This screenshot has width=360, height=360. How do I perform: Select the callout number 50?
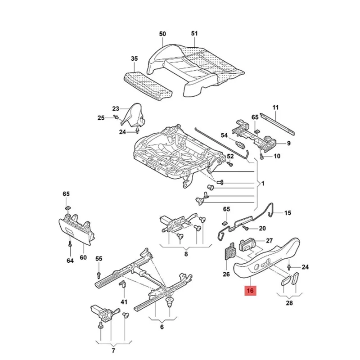click(162, 34)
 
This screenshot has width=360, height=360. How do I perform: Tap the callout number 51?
click(194, 34)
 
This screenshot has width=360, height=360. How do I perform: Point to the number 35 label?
click(134, 58)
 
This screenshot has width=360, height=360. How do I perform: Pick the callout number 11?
click(275, 108)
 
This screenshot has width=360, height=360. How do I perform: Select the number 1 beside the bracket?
click(263, 184)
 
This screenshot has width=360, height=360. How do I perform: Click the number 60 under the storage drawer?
click(83, 258)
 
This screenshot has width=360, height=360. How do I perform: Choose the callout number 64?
click(70, 261)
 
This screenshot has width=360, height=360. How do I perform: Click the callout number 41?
click(124, 301)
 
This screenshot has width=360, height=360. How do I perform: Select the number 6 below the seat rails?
click(162, 327)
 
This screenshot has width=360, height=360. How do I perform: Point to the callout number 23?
click(116, 109)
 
